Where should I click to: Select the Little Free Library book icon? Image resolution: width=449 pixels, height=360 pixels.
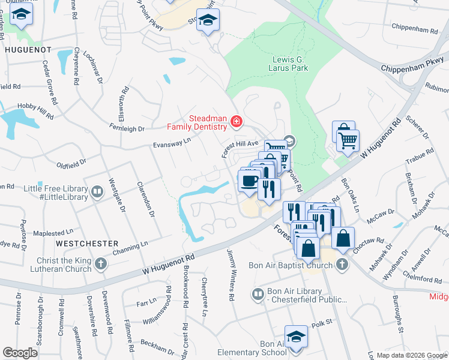(97, 192)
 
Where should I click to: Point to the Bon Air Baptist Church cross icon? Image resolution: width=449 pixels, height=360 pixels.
(342, 264)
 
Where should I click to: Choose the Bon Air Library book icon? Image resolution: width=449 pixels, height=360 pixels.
(258, 295)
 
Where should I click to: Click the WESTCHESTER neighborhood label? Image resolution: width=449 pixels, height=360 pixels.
(86, 244)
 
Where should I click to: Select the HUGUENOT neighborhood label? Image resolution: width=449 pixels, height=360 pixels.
(28, 50)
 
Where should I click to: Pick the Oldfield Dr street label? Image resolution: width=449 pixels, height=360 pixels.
(71, 162)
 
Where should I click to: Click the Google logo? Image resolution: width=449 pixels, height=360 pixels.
(20, 353)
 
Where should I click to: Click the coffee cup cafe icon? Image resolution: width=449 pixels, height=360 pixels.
(249, 181)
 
